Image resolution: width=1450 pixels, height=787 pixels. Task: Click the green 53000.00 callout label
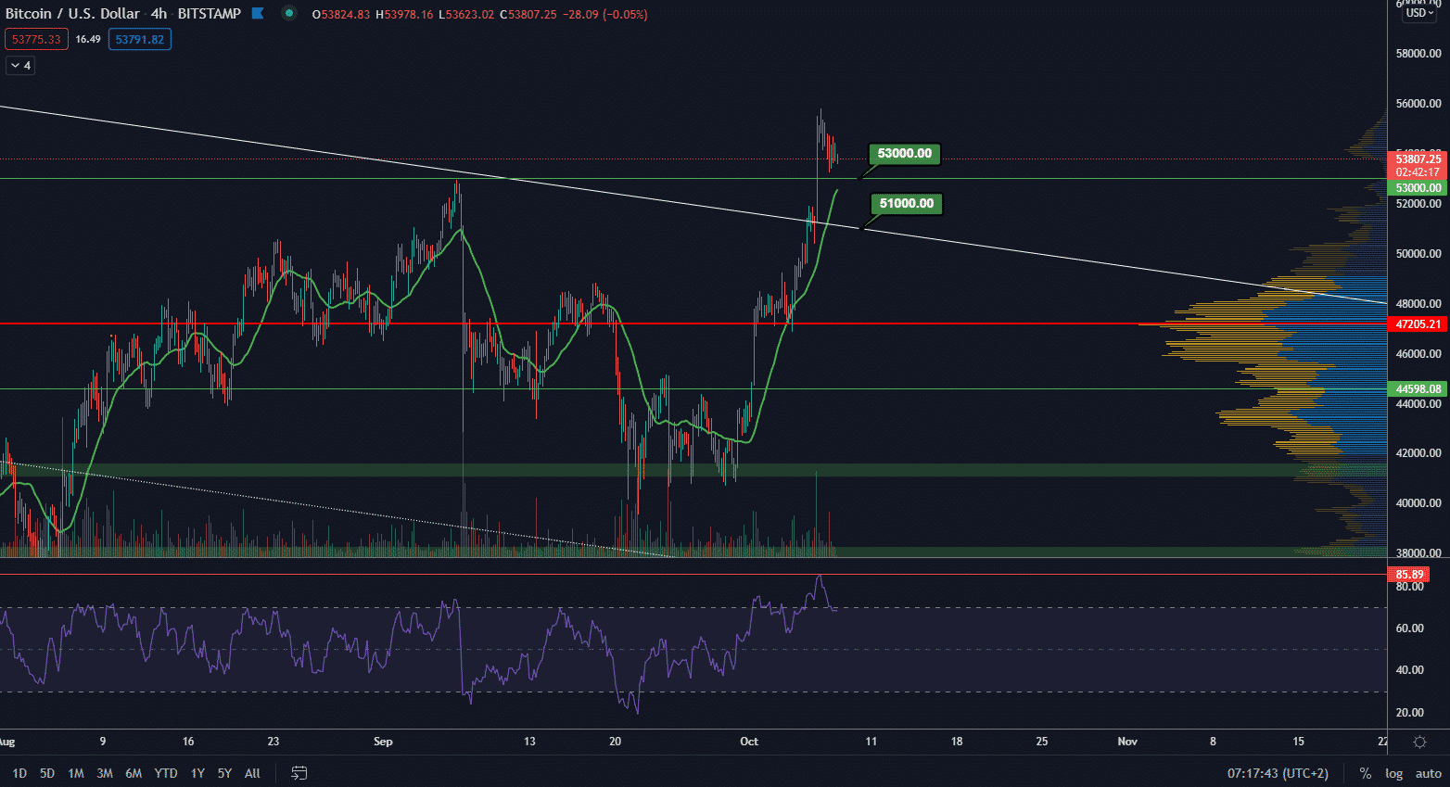[904, 154]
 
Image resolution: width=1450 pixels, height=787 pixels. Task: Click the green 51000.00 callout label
[906, 204]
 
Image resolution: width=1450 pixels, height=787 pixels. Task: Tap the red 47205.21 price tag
[1418, 324]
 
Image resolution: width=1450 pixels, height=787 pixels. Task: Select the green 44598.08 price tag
[1418, 389]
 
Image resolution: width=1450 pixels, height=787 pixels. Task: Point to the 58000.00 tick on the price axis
[1418, 54]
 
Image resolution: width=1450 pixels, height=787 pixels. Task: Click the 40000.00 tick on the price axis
[1418, 503]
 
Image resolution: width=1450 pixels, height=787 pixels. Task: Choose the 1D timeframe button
[19, 773]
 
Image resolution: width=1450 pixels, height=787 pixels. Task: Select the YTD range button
[166, 773]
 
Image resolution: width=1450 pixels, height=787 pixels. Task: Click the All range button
[252, 773]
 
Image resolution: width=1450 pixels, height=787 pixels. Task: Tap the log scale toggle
[1394, 773]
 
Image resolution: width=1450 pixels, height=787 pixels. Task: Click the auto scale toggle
[1429, 773]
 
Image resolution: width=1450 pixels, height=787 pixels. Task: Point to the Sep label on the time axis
[383, 742]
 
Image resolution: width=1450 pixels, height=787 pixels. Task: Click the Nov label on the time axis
[1127, 742]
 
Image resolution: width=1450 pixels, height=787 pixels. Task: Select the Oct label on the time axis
[749, 742]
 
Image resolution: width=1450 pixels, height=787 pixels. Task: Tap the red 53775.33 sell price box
[36, 40]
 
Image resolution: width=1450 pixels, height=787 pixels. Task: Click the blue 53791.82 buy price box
[139, 40]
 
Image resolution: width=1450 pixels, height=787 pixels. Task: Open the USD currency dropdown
[1419, 13]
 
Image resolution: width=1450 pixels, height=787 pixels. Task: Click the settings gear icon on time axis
[1419, 742]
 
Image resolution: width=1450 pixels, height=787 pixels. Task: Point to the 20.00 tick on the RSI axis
[1410, 713]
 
